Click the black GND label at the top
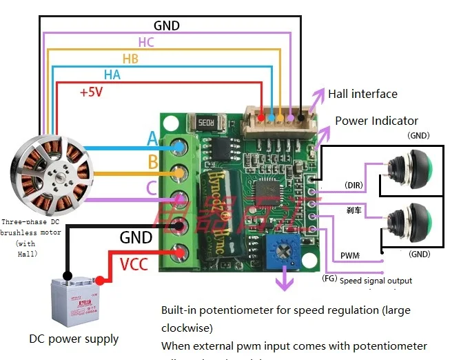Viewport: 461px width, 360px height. pyautogui.click(x=167, y=26)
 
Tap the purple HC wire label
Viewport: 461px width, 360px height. pyautogui.click(x=146, y=42)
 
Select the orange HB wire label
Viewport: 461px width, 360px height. pyautogui.click(x=130, y=59)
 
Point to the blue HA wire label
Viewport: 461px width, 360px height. pyautogui.click(x=112, y=74)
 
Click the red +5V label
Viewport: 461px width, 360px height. pyautogui.click(x=91, y=92)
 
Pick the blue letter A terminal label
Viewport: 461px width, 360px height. pyautogui.click(x=153, y=139)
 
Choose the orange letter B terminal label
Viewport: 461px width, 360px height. pyautogui.click(x=152, y=163)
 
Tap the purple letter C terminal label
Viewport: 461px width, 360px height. pyautogui.click(x=152, y=188)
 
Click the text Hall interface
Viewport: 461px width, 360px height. pyautogui.click(x=362, y=94)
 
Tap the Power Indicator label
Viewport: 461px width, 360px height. pyautogui.click(x=376, y=121)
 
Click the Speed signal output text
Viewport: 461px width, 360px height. pyautogui.click(x=376, y=281)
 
